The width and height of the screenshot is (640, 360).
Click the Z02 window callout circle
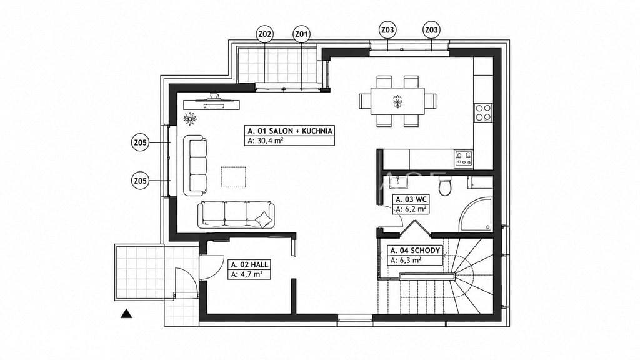pos(265,34)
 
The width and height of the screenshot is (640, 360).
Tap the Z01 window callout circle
pos(302,34)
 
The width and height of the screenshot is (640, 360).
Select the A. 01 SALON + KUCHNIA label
pos(290,131)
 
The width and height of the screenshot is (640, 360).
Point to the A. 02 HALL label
pos(249,264)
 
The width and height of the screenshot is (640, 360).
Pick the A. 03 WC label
pos(411,199)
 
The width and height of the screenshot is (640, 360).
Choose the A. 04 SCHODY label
pos(415,251)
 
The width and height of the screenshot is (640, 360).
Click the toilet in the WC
pos(445,186)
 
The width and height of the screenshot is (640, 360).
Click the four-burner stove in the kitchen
pos(483,112)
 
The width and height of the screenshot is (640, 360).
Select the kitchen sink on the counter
pos(464,159)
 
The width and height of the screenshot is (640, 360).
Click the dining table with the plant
pos(397,101)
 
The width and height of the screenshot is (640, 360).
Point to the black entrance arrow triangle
pos(126,314)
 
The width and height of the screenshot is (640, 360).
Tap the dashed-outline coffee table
pos(234,177)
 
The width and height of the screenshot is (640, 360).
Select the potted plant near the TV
pos(190,119)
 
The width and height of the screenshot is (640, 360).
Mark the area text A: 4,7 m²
pos(247,274)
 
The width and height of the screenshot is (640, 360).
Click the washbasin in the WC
pos(397,183)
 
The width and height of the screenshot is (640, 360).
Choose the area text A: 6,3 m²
pos(406,261)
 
